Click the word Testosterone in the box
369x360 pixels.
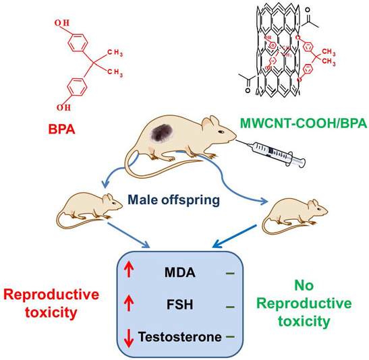pos(180,335)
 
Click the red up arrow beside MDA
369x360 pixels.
pos(130,273)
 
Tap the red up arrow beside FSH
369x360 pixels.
pos(130,304)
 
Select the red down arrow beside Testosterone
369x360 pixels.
pos(130,336)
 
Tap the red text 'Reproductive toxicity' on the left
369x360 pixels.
pos(51,303)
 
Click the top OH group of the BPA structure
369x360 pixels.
pos(63,25)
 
